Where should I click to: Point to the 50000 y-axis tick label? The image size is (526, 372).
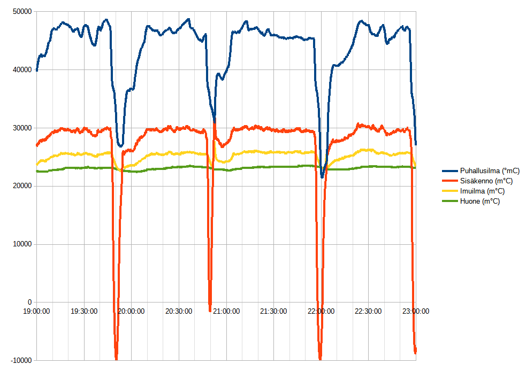(x=21, y=11)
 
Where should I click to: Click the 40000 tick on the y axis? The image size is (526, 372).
(x=21, y=69)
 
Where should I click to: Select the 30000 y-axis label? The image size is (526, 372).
(x=21, y=128)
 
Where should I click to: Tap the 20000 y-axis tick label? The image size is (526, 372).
(x=21, y=186)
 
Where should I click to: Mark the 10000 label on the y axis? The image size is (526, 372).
(x=21, y=244)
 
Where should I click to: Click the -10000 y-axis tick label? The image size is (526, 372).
(x=20, y=360)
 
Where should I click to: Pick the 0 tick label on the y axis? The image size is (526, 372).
(x=29, y=302)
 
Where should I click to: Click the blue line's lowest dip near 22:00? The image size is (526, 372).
(x=322, y=177)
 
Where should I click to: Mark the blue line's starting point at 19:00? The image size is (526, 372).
(x=36, y=71)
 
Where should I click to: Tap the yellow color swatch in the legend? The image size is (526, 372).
(x=449, y=191)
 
